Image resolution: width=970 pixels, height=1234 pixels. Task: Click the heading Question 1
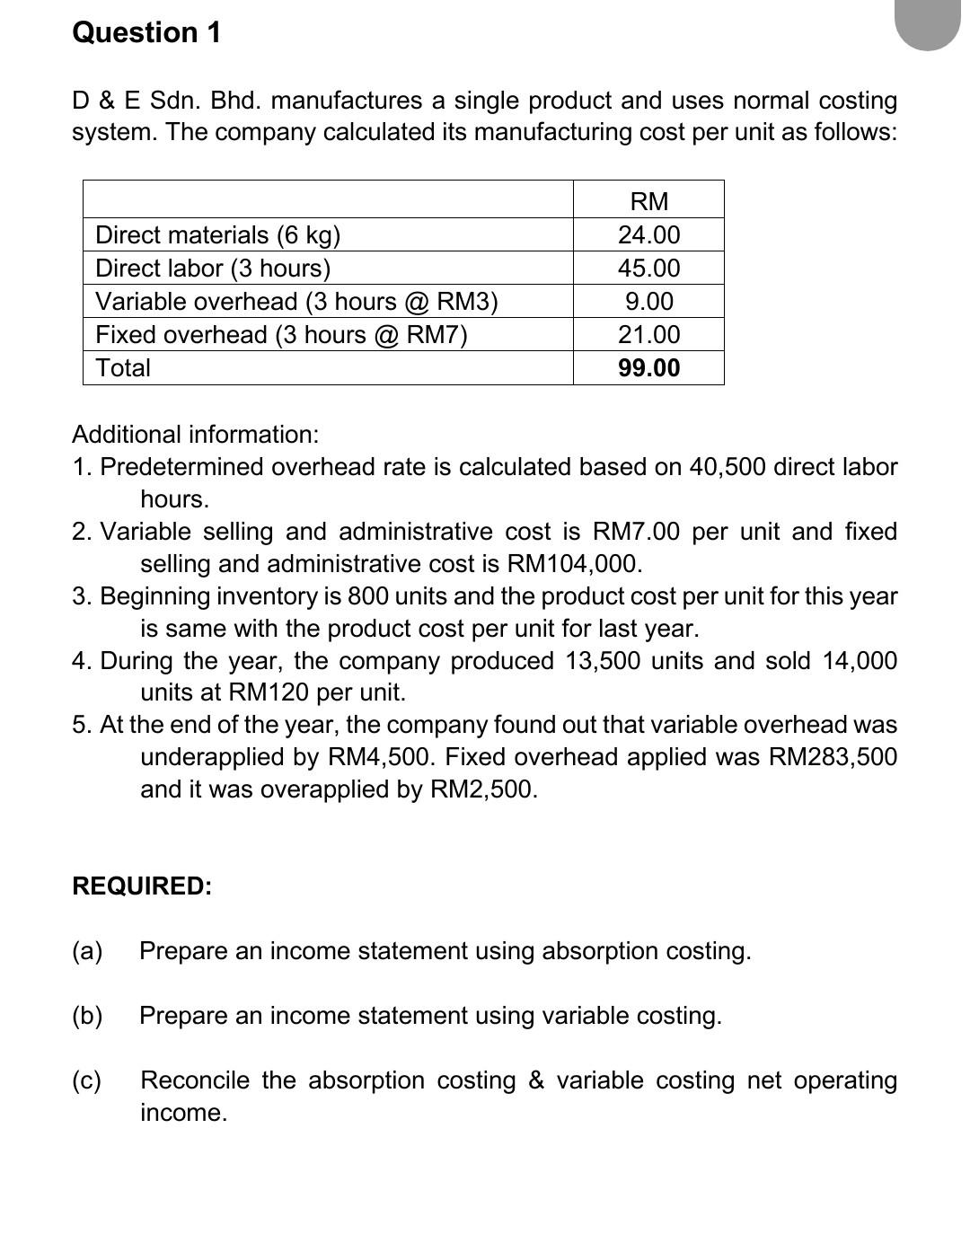pos(146,32)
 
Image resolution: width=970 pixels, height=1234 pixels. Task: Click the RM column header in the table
pos(648,201)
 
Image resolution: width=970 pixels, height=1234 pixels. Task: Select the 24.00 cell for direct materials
pos(648,234)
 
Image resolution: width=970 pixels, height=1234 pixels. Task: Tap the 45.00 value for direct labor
pos(648,268)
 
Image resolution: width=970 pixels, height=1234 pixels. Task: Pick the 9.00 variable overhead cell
pos(648,301)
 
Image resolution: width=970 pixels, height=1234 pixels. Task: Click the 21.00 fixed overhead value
pos(648,334)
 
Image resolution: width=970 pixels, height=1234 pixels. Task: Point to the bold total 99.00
pos(648,367)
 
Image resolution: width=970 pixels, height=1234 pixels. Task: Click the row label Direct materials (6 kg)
pos(217,234)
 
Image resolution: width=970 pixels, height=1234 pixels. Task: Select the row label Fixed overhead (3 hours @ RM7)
pos(281,334)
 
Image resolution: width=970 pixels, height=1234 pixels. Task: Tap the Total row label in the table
pos(123,367)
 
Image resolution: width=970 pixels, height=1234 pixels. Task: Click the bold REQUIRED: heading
pos(142,886)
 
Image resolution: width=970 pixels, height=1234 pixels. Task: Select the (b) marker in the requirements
pos(87,1016)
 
